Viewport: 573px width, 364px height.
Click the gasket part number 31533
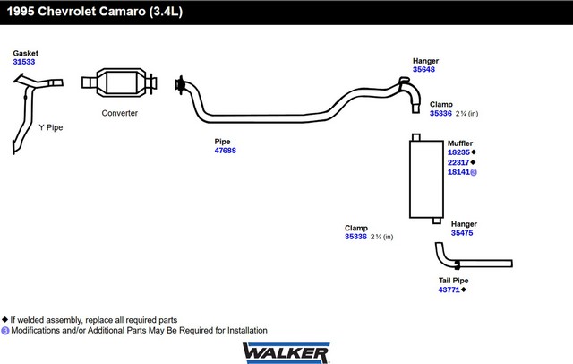pos(25,62)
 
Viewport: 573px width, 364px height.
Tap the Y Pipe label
pos(51,127)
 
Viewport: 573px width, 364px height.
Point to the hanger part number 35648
pos(424,69)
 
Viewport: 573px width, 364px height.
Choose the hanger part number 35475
pos(462,233)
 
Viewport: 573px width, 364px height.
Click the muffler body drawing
pos(424,178)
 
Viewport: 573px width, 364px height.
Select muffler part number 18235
pos(458,152)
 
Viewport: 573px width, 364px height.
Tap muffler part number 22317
pos(458,162)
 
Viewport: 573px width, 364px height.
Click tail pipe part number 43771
pos(449,290)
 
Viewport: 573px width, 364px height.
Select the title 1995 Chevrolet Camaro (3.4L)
pos(88,12)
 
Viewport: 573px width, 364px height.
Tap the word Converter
pos(119,113)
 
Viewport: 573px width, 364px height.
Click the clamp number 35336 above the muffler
pos(440,114)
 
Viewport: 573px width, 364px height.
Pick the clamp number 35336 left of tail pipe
pos(356,237)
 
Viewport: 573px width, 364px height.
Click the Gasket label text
pos(25,53)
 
